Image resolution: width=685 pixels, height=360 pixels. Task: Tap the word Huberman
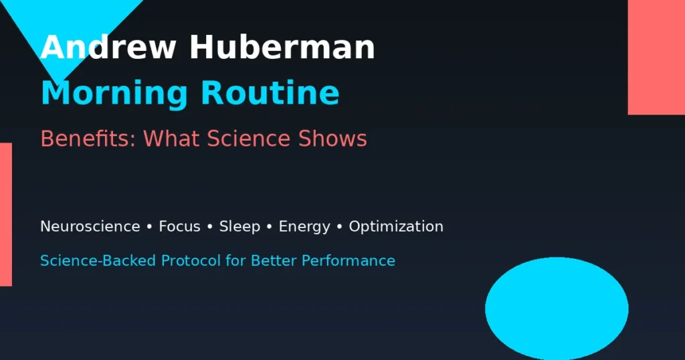tap(282, 48)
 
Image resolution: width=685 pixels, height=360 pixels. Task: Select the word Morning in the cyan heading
tap(114, 92)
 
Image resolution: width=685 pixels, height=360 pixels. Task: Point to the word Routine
tap(270, 92)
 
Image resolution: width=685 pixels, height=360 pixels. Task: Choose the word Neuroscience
tap(90, 226)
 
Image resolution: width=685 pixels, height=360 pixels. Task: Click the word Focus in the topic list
tap(179, 226)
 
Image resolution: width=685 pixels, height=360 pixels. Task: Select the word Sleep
tap(239, 226)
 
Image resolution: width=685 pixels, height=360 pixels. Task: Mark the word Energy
tap(304, 227)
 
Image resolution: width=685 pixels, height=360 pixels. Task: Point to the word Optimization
tap(396, 227)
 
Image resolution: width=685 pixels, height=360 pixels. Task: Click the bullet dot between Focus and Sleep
tap(210, 227)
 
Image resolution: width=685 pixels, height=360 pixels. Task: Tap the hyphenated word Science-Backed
tap(97, 260)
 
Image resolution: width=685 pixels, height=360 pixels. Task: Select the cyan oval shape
tap(557, 308)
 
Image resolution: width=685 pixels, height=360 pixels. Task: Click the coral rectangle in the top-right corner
tap(656, 57)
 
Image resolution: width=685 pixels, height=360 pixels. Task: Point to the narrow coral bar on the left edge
tap(5, 214)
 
